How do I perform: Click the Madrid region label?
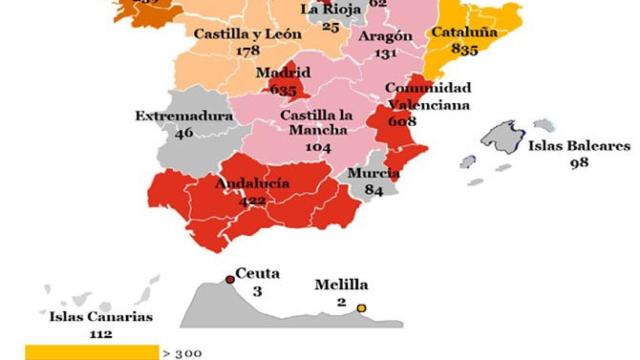click(x=283, y=73)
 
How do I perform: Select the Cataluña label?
click(x=464, y=32)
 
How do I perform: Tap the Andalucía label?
click(x=252, y=183)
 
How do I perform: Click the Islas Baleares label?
click(x=580, y=146)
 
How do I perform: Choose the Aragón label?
click(x=384, y=36)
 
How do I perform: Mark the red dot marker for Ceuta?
click(x=230, y=279)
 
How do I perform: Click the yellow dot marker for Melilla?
click(x=362, y=308)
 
